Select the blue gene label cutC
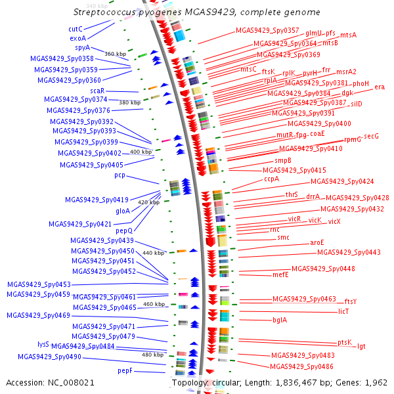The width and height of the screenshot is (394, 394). [x=76, y=29]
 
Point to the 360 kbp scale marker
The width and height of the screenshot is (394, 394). [x=115, y=54]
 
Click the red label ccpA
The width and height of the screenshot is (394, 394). [x=272, y=179]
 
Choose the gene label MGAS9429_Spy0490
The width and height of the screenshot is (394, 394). [x=50, y=357]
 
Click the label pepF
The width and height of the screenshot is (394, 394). [x=125, y=371]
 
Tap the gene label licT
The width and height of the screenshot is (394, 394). [x=343, y=311]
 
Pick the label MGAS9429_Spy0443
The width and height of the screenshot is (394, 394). [x=349, y=252]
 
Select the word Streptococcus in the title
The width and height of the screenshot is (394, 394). [x=104, y=12]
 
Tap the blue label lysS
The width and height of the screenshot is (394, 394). [x=43, y=344]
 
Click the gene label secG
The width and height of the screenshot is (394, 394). [x=372, y=136]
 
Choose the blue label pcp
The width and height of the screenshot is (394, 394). [x=120, y=175]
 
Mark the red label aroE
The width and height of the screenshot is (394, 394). [x=317, y=243]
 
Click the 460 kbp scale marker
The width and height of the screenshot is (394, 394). [x=154, y=304]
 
